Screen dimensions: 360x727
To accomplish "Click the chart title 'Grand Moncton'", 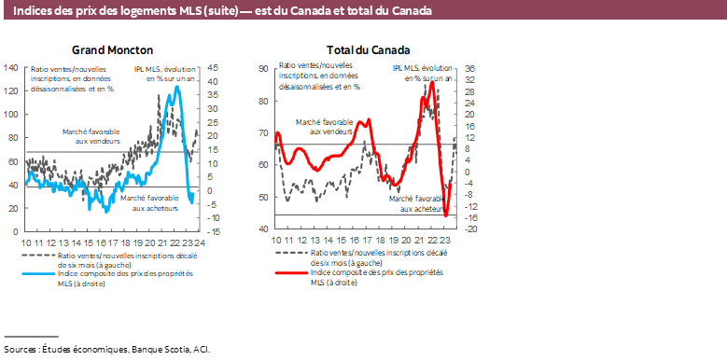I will point(112,50).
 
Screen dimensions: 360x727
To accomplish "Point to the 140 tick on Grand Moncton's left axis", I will point(11,68).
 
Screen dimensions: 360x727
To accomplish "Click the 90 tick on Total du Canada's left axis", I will point(263,69).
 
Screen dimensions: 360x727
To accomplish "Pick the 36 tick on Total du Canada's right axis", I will point(471,69).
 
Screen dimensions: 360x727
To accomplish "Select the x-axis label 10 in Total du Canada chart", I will point(276,241).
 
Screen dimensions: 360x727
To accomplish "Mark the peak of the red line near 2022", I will point(431,85).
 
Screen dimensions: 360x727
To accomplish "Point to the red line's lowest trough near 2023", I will point(445,216).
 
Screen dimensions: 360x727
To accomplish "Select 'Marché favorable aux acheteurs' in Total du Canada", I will point(415,204).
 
